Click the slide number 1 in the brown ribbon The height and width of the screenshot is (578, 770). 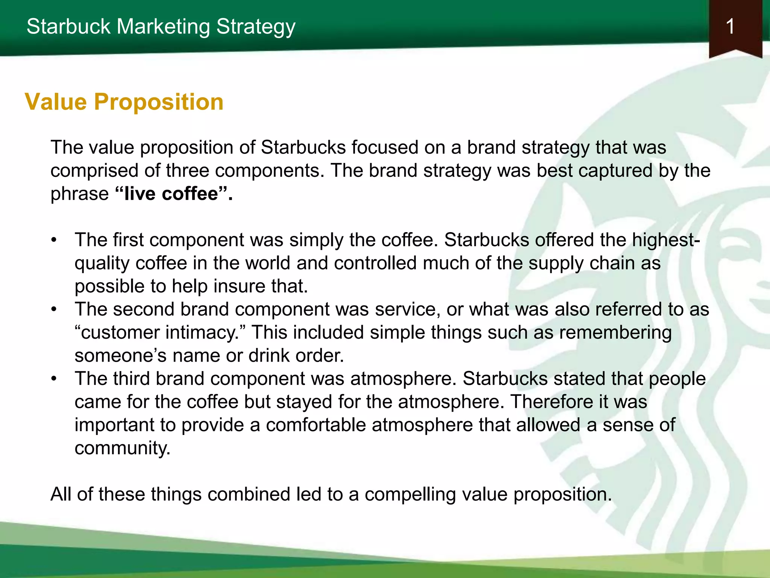pos(730,27)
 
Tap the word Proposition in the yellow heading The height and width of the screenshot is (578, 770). pos(158,102)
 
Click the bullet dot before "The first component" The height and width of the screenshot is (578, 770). pos(55,240)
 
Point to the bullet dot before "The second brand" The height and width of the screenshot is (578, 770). pos(55,310)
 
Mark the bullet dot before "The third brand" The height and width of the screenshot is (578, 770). pos(55,379)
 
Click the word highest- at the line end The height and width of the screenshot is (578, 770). pos(666,240)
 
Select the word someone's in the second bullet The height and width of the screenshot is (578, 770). pos(120,356)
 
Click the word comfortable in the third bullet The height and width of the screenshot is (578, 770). pos(316,425)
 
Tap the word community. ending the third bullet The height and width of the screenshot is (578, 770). pos(123,448)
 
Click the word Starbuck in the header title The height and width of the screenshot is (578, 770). pos(68,27)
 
